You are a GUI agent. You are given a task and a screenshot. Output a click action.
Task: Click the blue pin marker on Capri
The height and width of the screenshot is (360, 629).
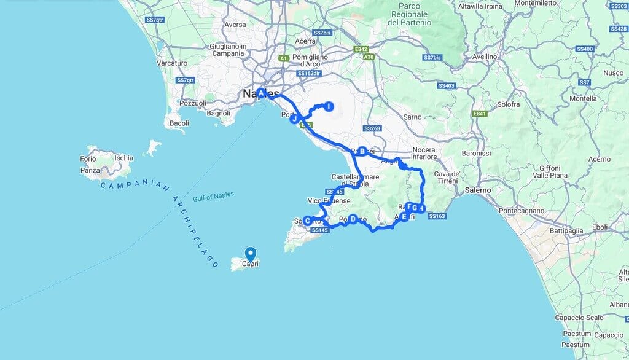(250, 253)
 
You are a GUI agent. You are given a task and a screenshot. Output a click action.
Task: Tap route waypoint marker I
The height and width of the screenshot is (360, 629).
(329, 107)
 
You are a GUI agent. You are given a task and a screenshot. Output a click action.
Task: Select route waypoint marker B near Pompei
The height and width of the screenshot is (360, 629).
(362, 151)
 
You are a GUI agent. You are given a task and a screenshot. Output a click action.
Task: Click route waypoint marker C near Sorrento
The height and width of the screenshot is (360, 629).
(307, 221)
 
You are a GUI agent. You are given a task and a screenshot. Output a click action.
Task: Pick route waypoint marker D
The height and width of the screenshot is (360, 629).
(353, 218)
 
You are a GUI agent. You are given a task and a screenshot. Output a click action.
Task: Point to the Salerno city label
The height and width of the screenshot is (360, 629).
(479, 190)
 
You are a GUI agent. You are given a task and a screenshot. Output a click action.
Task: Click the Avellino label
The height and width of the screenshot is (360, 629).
(485, 56)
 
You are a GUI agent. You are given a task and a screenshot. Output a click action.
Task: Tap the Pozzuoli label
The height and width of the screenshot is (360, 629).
(192, 103)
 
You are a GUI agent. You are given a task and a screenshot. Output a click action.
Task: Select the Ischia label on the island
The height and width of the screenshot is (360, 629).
(123, 158)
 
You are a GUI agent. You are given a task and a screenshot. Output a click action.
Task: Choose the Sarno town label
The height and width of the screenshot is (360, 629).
(413, 116)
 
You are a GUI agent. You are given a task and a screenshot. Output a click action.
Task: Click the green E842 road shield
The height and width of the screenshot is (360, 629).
(361, 50)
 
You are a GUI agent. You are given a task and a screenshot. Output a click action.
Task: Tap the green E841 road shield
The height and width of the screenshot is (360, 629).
(479, 114)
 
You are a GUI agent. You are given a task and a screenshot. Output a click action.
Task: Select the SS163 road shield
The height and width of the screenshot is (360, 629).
(437, 216)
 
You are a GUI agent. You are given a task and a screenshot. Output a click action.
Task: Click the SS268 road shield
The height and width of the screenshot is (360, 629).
(372, 128)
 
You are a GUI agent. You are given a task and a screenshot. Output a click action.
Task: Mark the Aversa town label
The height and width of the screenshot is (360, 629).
(235, 25)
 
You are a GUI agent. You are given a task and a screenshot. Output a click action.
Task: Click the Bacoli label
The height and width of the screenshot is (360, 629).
(179, 123)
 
